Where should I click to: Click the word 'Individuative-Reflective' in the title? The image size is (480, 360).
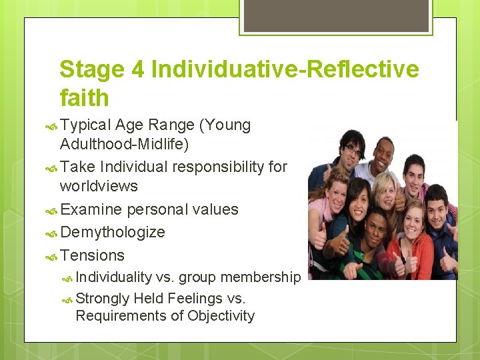(x=285, y=69)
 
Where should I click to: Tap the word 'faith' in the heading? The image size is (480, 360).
(x=84, y=98)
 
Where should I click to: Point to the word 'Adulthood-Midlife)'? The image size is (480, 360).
(x=124, y=145)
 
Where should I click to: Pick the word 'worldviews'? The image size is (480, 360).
(x=99, y=186)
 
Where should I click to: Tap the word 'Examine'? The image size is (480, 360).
(x=91, y=209)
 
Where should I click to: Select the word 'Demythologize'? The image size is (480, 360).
(x=112, y=232)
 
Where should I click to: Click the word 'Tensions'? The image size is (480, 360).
(x=92, y=255)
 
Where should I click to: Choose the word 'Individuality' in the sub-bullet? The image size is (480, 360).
(x=113, y=277)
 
